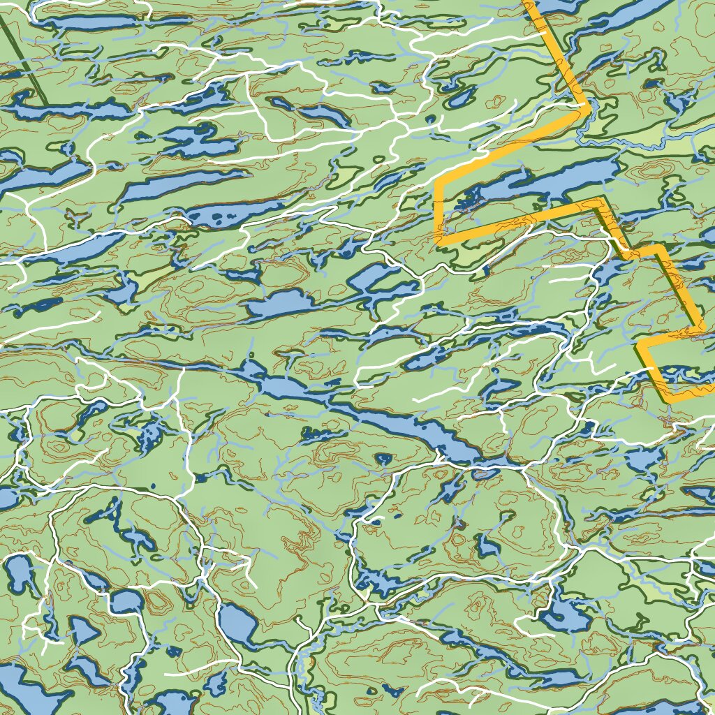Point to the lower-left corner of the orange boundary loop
438,240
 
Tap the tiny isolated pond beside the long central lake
383,459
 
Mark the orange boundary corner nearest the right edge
701,326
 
